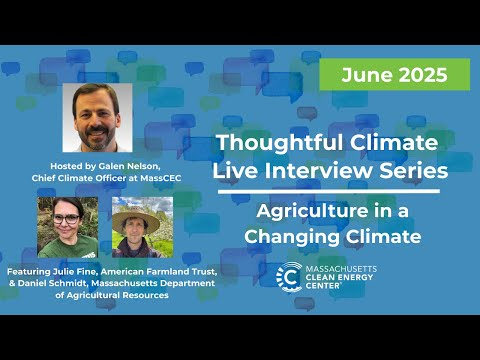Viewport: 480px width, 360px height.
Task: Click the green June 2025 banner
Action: tap(394, 74)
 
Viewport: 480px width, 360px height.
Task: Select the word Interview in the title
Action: tap(329, 171)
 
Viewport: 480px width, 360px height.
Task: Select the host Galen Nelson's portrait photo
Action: tap(97, 118)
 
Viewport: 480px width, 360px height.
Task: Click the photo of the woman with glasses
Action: tap(67, 227)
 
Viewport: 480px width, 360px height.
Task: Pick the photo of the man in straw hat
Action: tap(142, 227)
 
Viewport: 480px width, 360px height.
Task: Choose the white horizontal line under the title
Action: tap(327, 191)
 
